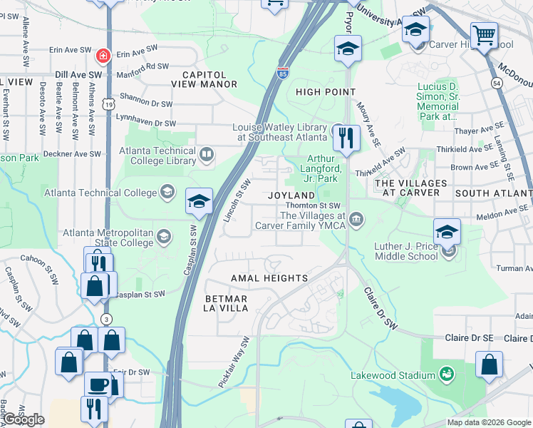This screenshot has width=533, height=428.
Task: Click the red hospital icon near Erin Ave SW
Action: pos(104,55)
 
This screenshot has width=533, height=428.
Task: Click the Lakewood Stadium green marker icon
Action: pos(447,374)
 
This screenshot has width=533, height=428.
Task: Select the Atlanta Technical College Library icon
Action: pos(207,154)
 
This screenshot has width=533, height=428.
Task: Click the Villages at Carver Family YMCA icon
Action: pos(356,219)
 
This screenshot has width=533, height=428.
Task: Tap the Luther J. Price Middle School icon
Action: pos(448,250)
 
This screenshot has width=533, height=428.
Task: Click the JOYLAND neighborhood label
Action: pos(291,195)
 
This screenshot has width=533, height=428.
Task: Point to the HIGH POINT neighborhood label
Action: pos(326,92)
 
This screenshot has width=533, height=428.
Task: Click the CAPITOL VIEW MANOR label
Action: pos(204,79)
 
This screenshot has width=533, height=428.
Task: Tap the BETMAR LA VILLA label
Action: pos(226,303)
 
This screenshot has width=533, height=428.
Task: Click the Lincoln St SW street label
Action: pos(234,200)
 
